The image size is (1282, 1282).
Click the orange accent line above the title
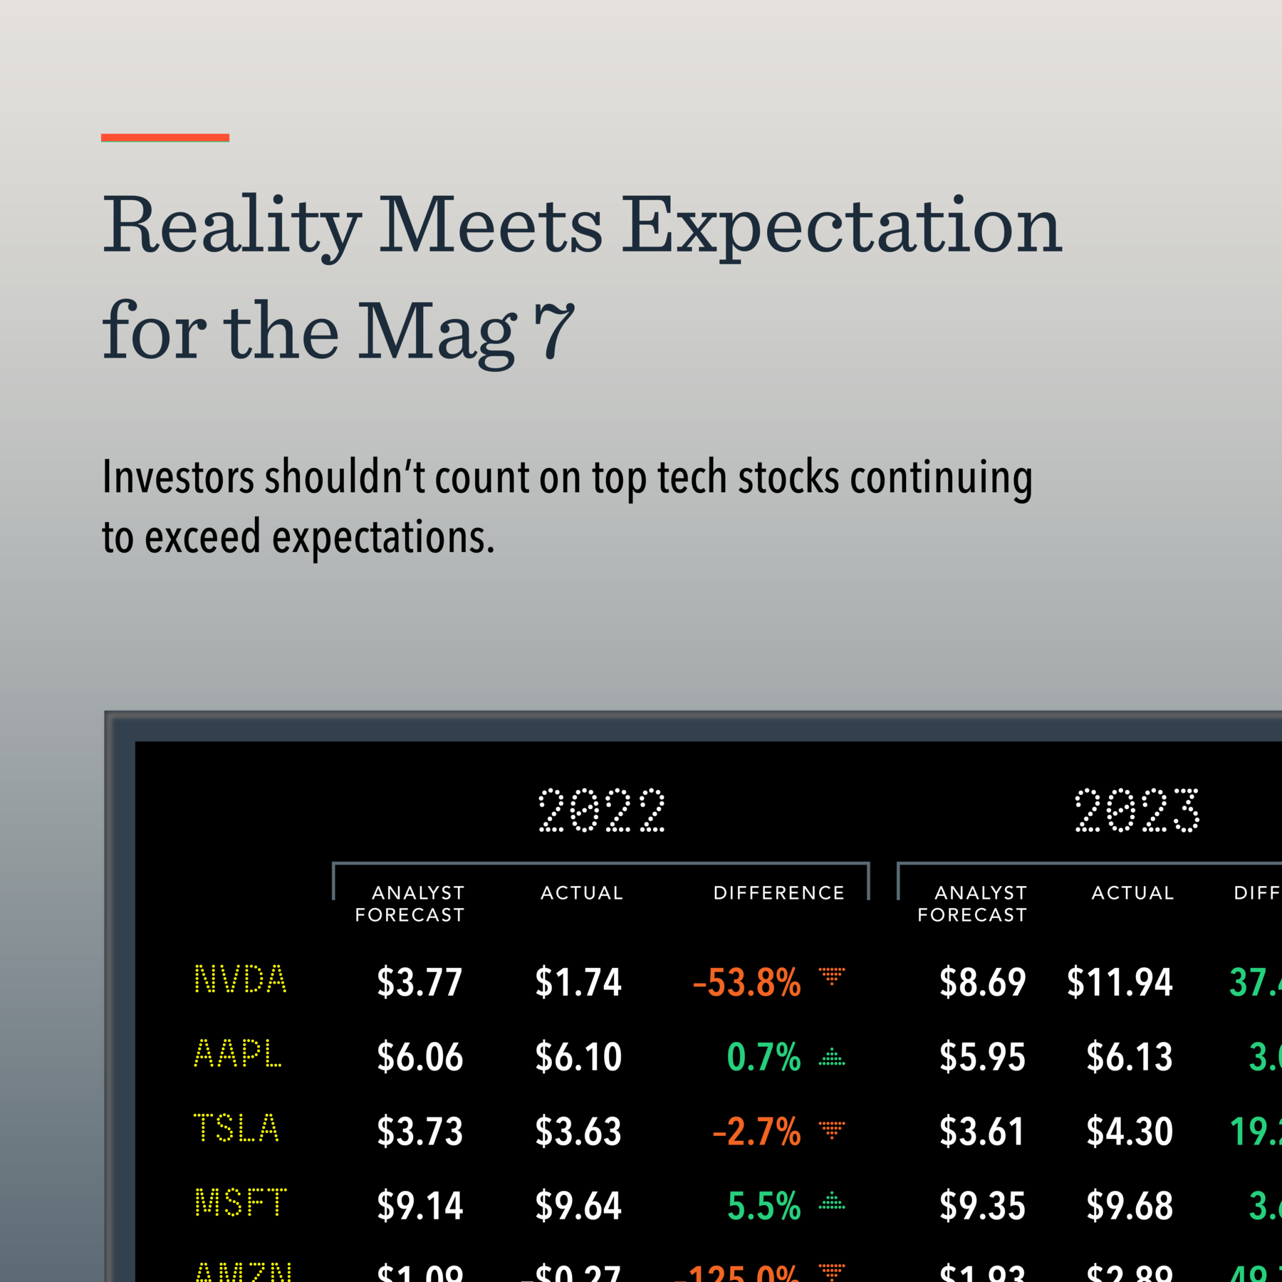tap(165, 137)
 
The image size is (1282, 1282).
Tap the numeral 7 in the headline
tap(554, 331)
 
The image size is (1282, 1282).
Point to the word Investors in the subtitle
tap(178, 477)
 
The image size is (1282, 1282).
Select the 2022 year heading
tap(602, 811)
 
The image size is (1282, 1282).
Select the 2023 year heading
tap(1137, 811)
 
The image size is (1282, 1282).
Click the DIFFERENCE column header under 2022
tap(778, 893)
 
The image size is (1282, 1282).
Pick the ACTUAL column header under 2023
tap(1132, 893)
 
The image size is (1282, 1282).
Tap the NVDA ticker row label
tap(241, 980)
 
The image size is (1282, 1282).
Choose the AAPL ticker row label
tap(238, 1054)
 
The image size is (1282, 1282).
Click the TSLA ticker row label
tap(236, 1129)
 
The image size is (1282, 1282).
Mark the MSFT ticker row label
tap(241, 1203)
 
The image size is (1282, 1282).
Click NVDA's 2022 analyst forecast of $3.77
tap(419, 982)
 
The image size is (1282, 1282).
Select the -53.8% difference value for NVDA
tap(746, 983)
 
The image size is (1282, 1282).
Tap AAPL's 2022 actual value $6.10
tap(578, 1057)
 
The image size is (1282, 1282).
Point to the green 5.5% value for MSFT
tap(764, 1206)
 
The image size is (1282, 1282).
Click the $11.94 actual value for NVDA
tap(1120, 983)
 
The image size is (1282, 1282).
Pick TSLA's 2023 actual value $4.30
tap(1130, 1132)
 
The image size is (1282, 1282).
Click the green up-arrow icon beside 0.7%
tap(831, 1057)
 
